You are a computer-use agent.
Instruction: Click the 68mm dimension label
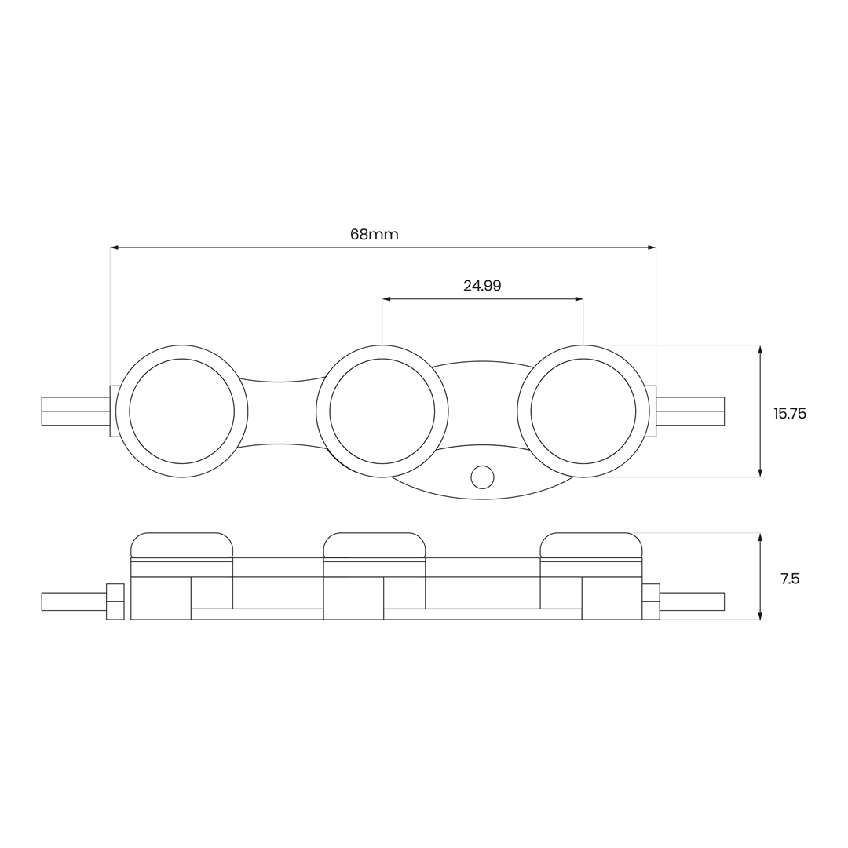pyautogui.click(x=375, y=234)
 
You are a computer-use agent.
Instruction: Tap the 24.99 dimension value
pyautogui.click(x=482, y=286)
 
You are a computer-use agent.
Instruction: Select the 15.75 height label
pyautogui.click(x=790, y=414)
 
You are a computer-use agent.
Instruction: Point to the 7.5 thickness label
pyautogui.click(x=790, y=579)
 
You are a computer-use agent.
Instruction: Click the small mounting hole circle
pyautogui.click(x=482, y=477)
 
